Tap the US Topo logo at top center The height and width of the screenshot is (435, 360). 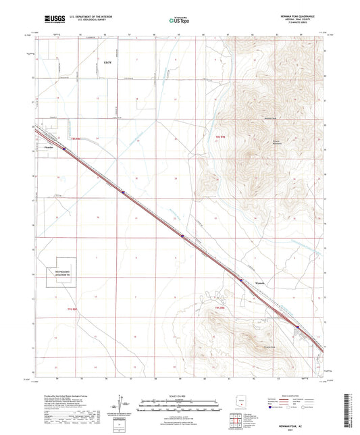click(179, 21)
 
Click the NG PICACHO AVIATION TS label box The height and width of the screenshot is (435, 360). click(58, 272)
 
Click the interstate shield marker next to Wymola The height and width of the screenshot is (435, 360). click(240, 278)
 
